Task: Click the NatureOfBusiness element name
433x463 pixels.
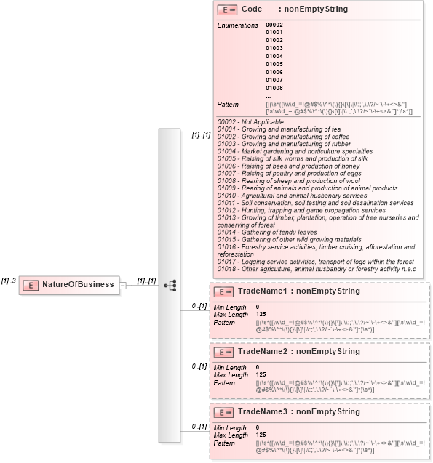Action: (x=78, y=284)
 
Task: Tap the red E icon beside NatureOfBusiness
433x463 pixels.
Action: (x=32, y=284)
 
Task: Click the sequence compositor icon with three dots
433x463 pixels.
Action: (x=170, y=285)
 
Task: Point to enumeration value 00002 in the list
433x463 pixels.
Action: (x=274, y=25)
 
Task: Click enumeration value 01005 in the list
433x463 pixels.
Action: (x=274, y=64)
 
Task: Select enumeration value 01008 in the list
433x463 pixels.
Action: (x=274, y=88)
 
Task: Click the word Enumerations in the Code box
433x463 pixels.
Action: (x=237, y=25)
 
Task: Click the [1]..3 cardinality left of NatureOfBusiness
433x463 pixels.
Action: (x=9, y=281)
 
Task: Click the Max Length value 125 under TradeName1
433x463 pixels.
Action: (x=261, y=314)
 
